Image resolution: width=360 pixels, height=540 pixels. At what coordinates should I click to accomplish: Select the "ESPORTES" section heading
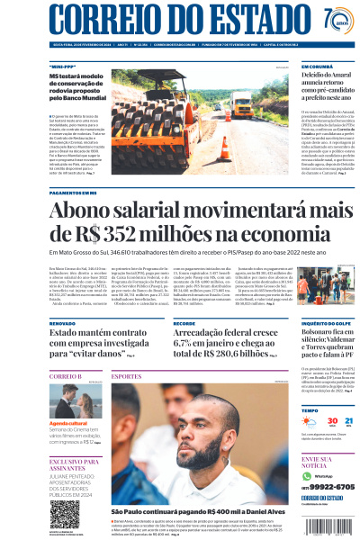(127, 375)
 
